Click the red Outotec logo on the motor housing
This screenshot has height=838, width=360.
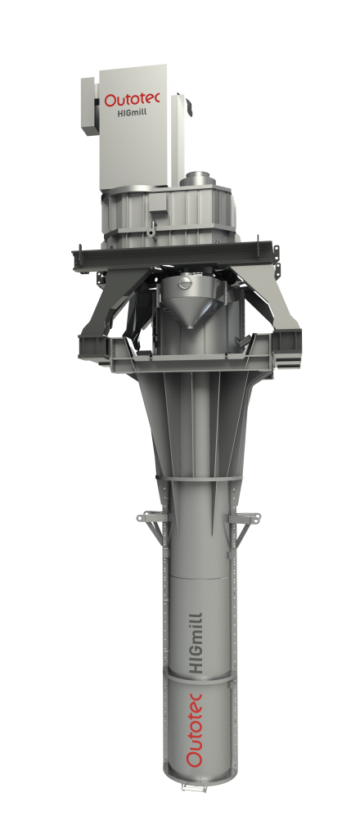133,100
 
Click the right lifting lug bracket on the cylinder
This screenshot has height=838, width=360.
248,519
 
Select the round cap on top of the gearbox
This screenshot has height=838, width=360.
200,178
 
